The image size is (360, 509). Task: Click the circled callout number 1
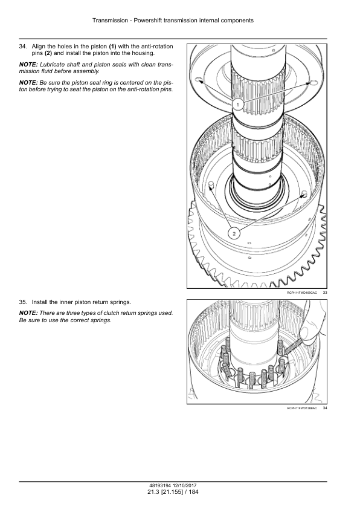click(x=238, y=105)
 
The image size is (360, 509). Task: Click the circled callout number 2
click(x=234, y=233)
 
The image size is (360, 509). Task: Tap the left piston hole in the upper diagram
click(x=199, y=80)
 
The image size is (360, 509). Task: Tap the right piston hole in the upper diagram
click(x=313, y=82)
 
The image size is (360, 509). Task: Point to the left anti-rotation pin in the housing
click(x=210, y=184)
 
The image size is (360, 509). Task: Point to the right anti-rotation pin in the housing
click(x=304, y=194)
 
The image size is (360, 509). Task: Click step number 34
click(x=23, y=47)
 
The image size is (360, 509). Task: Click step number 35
click(x=23, y=302)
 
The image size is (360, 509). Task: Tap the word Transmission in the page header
click(x=111, y=21)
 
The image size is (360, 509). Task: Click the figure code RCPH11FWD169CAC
click(x=302, y=293)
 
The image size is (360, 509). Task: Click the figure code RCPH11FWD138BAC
click(x=302, y=408)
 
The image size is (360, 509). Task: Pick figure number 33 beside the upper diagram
click(x=325, y=293)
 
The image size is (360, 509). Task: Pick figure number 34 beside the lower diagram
click(x=325, y=408)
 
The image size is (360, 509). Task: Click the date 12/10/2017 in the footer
click(x=185, y=486)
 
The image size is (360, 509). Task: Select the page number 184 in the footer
click(x=193, y=492)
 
